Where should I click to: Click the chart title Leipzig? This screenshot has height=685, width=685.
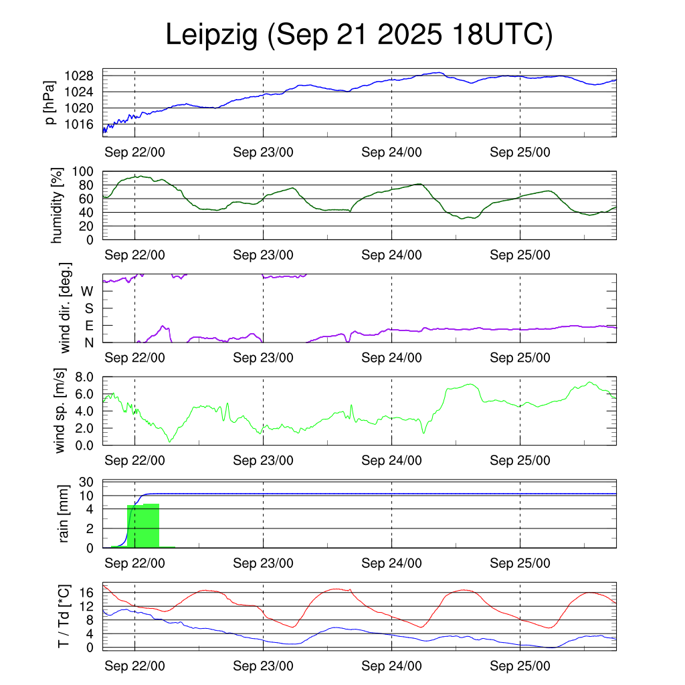[211, 35]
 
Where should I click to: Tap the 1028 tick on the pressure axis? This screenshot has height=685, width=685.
[83, 76]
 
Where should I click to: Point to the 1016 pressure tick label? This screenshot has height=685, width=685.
[83, 124]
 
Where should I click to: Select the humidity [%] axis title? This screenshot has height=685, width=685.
[58, 205]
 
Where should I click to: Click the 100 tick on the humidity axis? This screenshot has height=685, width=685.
[86, 172]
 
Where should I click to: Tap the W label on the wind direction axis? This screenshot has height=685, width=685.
[87, 292]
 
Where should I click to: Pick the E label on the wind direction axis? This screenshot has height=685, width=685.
[88, 326]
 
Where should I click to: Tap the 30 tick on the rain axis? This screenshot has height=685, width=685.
[86, 482]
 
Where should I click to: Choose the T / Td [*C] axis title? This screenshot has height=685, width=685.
[63, 615]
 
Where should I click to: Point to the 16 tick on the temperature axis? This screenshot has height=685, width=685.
[86, 593]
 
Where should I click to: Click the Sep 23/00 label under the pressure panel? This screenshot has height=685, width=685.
[263, 152]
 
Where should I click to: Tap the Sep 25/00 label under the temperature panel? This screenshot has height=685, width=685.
[520, 667]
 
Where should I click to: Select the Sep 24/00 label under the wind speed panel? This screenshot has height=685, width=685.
[391, 460]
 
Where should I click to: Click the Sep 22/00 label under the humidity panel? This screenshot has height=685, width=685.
[135, 255]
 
